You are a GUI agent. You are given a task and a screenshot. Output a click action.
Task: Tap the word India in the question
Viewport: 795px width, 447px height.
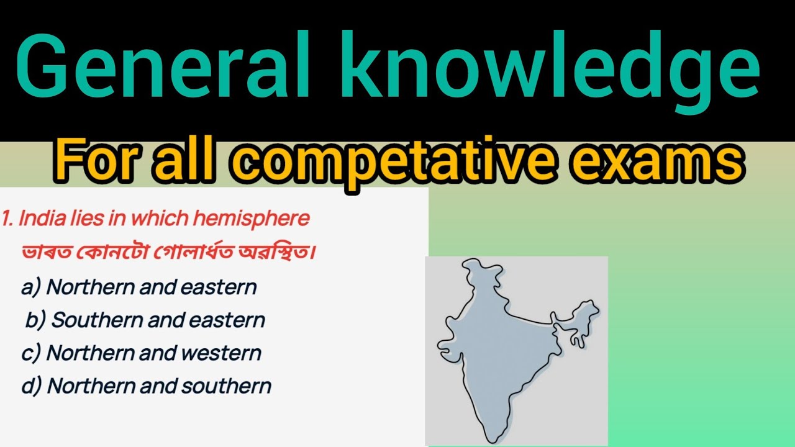[37, 219]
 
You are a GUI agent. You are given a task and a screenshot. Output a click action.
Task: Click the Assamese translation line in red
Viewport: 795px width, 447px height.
[165, 253]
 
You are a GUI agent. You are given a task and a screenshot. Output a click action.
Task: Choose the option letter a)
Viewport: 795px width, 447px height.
[31, 287]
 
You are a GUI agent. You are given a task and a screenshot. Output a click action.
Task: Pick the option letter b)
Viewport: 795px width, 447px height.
[35, 320]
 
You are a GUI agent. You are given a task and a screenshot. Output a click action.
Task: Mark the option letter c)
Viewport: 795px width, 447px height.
[31, 353]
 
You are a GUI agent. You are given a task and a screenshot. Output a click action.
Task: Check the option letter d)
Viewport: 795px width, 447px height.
[32, 386]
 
